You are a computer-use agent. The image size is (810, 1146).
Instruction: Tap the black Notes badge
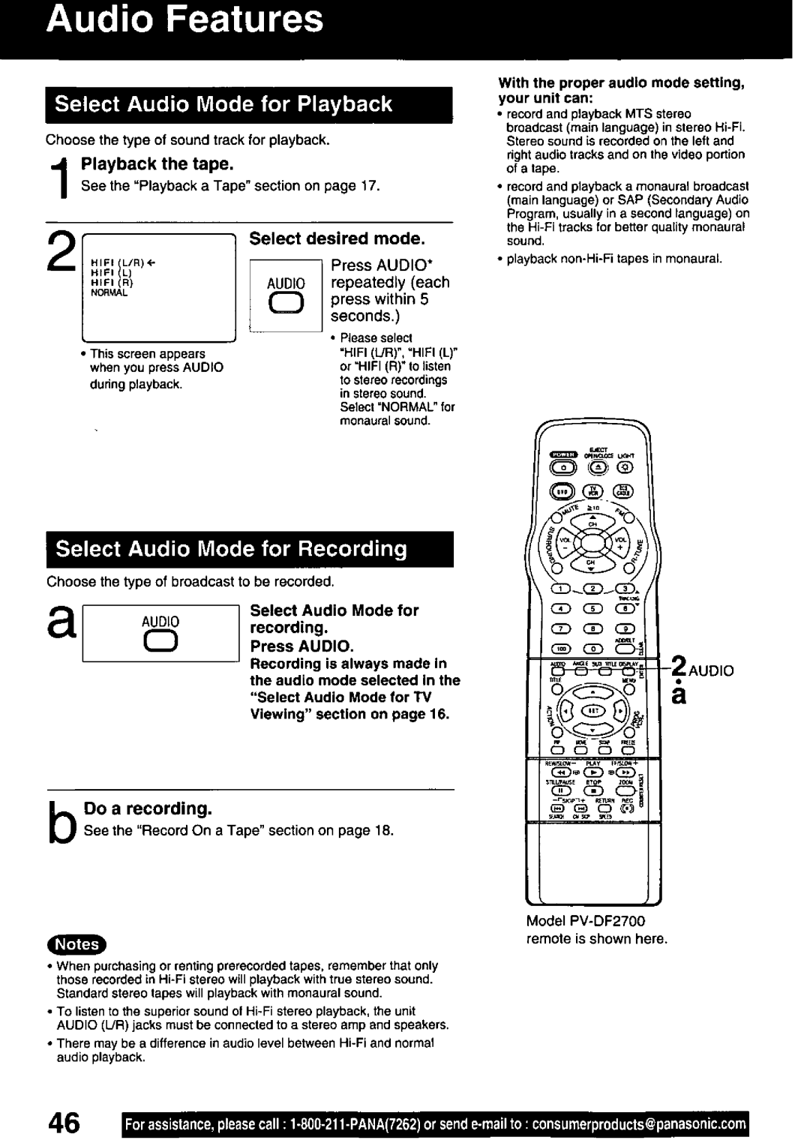tap(77, 943)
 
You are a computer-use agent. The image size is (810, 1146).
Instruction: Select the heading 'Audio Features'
tap(184, 20)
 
